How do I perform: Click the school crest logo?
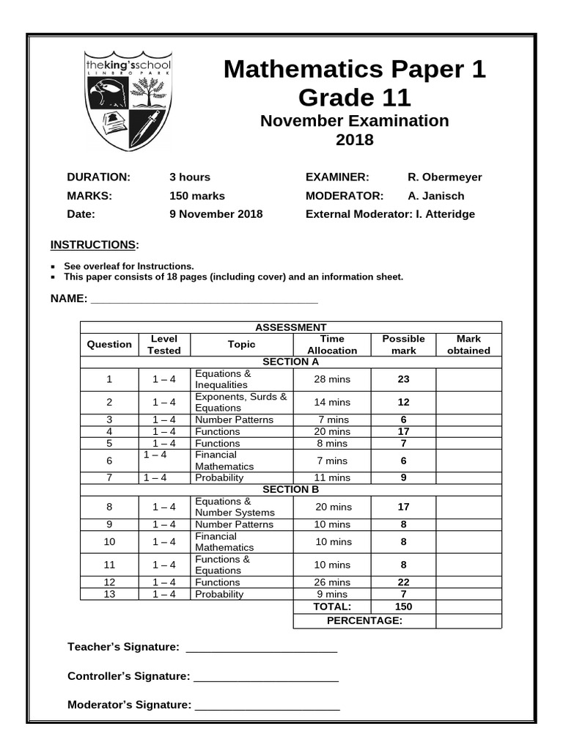(x=128, y=100)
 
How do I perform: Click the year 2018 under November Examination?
(x=354, y=139)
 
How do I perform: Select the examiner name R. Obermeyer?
(x=444, y=177)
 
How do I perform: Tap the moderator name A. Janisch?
(x=435, y=196)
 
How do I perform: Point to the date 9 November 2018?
(x=216, y=214)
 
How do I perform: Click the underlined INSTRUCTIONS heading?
(x=92, y=244)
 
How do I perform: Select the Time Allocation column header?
(x=332, y=345)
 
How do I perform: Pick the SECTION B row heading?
(x=290, y=489)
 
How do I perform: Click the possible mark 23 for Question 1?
(x=403, y=379)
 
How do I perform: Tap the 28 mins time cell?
(x=332, y=379)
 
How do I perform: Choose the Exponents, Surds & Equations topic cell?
(x=240, y=402)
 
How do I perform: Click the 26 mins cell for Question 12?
(x=332, y=582)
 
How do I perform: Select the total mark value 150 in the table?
(x=403, y=607)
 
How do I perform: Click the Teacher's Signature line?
(x=262, y=648)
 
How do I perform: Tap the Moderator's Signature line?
(x=268, y=706)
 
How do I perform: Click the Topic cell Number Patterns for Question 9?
(x=234, y=524)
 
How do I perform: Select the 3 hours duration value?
(x=190, y=177)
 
